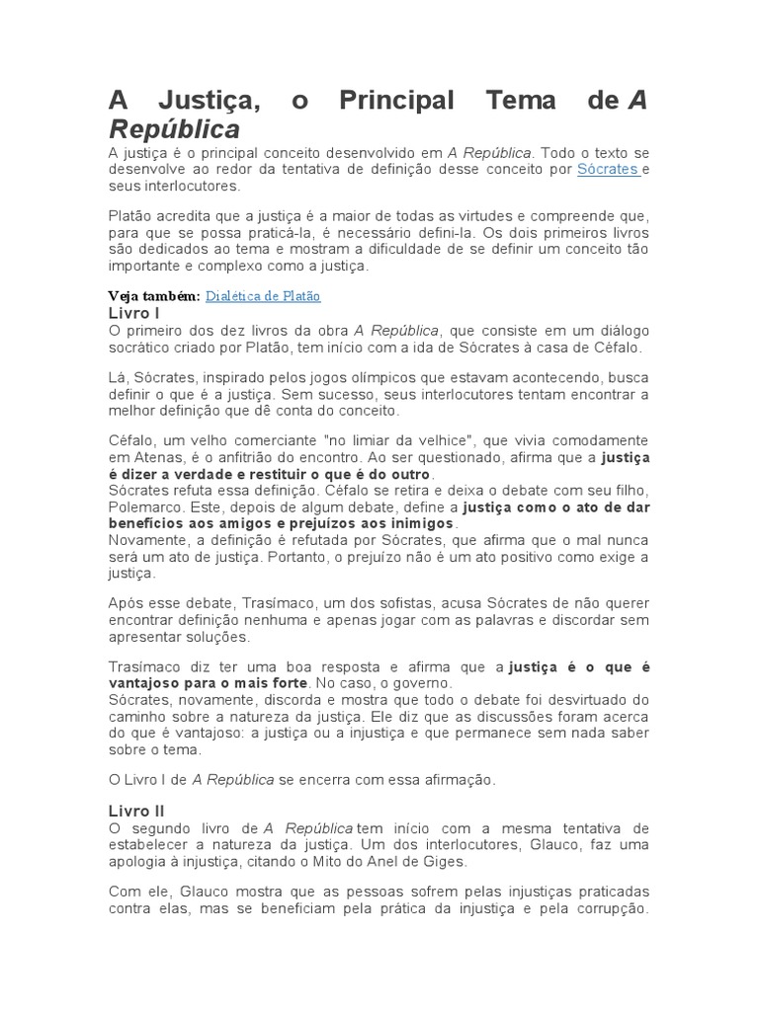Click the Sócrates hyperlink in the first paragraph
click(607, 170)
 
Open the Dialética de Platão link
click(263, 296)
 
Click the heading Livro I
click(133, 313)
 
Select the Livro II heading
click(135, 811)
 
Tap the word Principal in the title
click(396, 102)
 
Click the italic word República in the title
click(174, 129)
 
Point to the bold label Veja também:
click(154, 296)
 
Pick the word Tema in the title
click(522, 102)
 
